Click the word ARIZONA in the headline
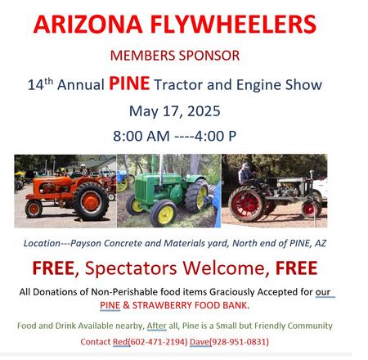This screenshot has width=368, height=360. point(88,24)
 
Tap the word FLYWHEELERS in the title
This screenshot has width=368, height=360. point(233,24)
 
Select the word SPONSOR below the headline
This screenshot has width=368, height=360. point(209,56)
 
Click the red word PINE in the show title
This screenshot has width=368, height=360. point(129,83)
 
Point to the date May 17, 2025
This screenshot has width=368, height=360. point(174,111)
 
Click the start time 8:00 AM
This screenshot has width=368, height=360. point(141,136)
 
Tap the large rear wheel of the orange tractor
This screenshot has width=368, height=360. point(91,202)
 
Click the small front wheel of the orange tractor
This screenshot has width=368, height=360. point(34,209)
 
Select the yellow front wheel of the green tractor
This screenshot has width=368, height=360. point(164,213)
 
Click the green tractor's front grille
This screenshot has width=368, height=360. point(140,188)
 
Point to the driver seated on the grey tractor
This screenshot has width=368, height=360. point(245,174)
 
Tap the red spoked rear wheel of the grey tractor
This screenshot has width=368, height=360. point(247,204)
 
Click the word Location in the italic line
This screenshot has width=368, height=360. point(42,243)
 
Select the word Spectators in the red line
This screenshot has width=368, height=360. point(131,268)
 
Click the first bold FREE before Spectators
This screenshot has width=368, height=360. point(53,268)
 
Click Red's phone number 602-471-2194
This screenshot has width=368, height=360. point(158,342)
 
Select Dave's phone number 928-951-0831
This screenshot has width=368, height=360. point(239,342)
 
